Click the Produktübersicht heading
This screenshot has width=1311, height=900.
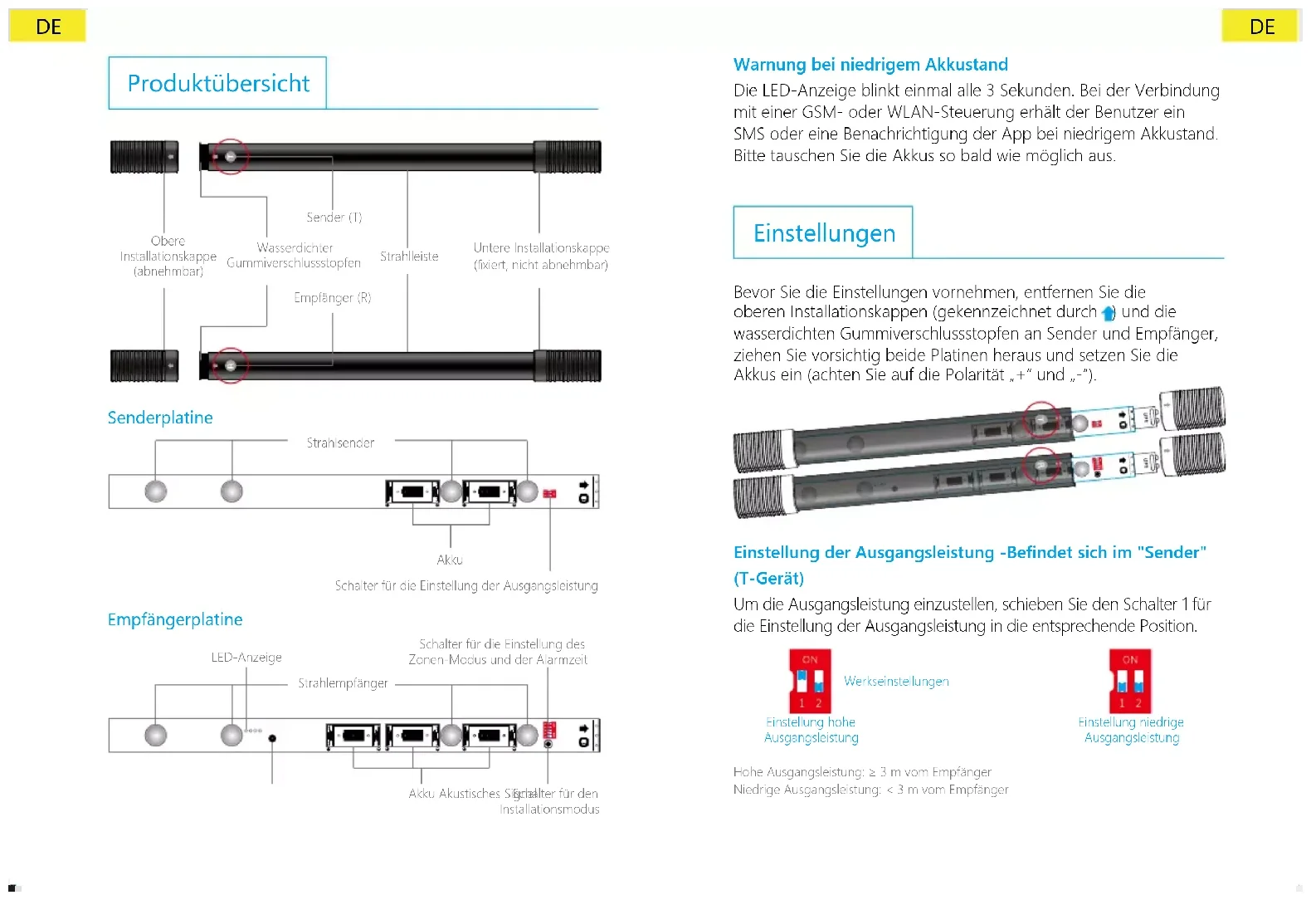point(217,83)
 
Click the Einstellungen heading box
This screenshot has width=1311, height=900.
point(823,232)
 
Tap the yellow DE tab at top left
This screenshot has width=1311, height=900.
point(48,27)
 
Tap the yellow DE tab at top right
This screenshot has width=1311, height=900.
point(1261,27)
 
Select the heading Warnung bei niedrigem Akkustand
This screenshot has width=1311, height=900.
point(870,65)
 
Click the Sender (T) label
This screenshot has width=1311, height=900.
point(334,218)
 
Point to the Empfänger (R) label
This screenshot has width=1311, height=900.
point(332,297)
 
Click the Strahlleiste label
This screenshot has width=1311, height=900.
point(409,257)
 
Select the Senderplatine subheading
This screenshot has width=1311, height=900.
point(160,418)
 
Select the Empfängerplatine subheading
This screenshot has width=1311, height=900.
point(175,619)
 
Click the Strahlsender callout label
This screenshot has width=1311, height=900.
point(340,443)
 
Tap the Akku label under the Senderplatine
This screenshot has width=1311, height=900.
point(450,560)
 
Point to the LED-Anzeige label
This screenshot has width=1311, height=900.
point(246,658)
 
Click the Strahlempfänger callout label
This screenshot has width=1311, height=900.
point(343,683)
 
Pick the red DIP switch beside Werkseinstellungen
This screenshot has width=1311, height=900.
point(810,681)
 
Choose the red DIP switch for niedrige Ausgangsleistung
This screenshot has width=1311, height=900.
point(1130,681)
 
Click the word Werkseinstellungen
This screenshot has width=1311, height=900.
point(896,681)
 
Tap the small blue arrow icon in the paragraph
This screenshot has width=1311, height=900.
point(1108,313)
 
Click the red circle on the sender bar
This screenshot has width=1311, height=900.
point(230,156)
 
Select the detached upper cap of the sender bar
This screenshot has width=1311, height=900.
point(144,156)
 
